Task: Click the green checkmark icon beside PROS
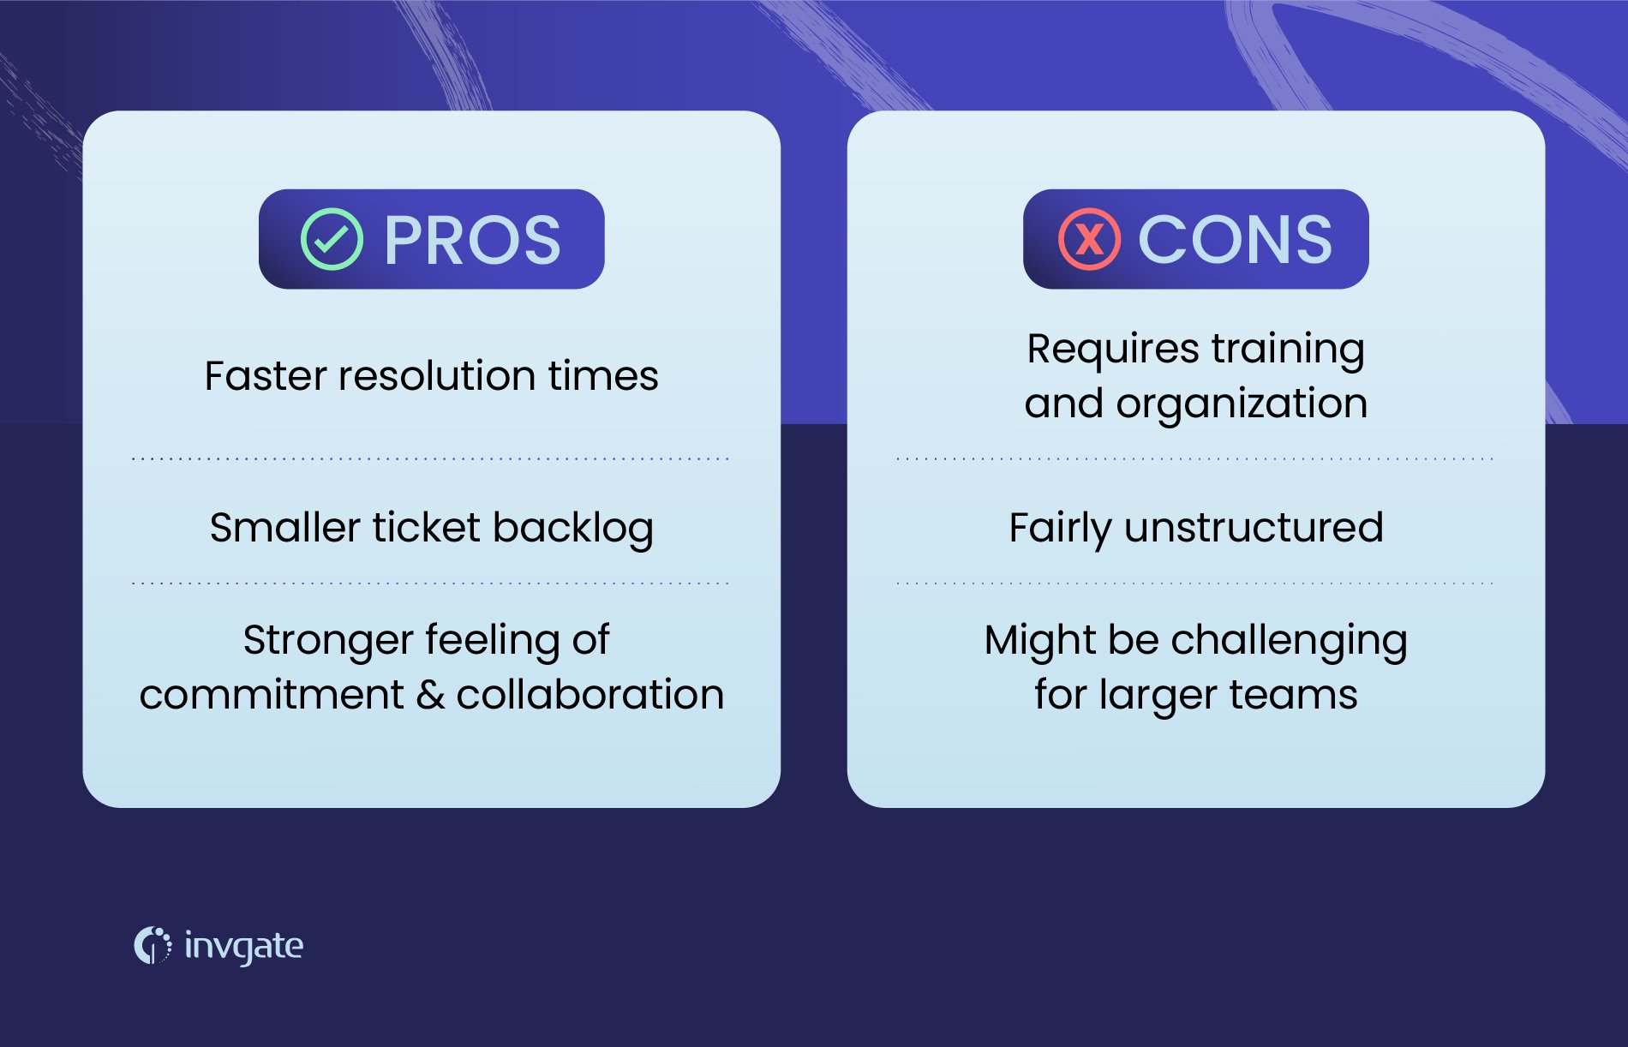pos(332,239)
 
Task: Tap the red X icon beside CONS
pos(1089,239)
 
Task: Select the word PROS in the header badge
pos(472,240)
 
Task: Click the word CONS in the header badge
pos(1235,240)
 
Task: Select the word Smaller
pos(284,528)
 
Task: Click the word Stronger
pos(328,641)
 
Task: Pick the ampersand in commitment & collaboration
pos(429,695)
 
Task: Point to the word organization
pos(1242,404)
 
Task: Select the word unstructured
pos(1254,528)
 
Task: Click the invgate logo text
pos(243,946)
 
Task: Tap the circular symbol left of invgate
pos(152,945)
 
